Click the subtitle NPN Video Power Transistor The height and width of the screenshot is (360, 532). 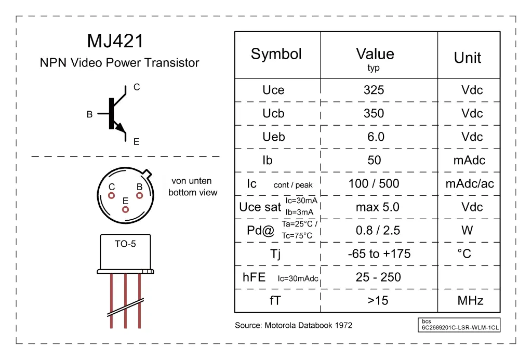(x=119, y=63)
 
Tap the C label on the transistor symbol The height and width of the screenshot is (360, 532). (x=137, y=87)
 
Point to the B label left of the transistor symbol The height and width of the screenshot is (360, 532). (x=89, y=114)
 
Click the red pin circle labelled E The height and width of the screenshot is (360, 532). (x=125, y=209)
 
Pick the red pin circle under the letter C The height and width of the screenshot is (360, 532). (x=111, y=195)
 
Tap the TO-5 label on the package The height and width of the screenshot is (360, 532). (x=125, y=244)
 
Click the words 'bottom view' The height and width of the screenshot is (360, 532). (x=193, y=192)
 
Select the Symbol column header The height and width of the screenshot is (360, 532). (x=276, y=54)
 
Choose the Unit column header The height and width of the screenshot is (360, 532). (x=468, y=58)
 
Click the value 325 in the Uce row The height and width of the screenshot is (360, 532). (x=374, y=90)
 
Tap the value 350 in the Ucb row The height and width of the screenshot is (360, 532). (x=374, y=113)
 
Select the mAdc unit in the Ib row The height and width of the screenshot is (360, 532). (x=469, y=160)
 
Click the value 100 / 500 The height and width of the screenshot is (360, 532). (x=374, y=183)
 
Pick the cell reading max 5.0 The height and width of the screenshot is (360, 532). (x=378, y=207)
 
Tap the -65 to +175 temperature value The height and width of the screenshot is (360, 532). (x=379, y=254)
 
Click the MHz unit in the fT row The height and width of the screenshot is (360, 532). (x=470, y=300)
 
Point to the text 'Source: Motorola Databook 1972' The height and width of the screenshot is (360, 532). (x=294, y=325)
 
